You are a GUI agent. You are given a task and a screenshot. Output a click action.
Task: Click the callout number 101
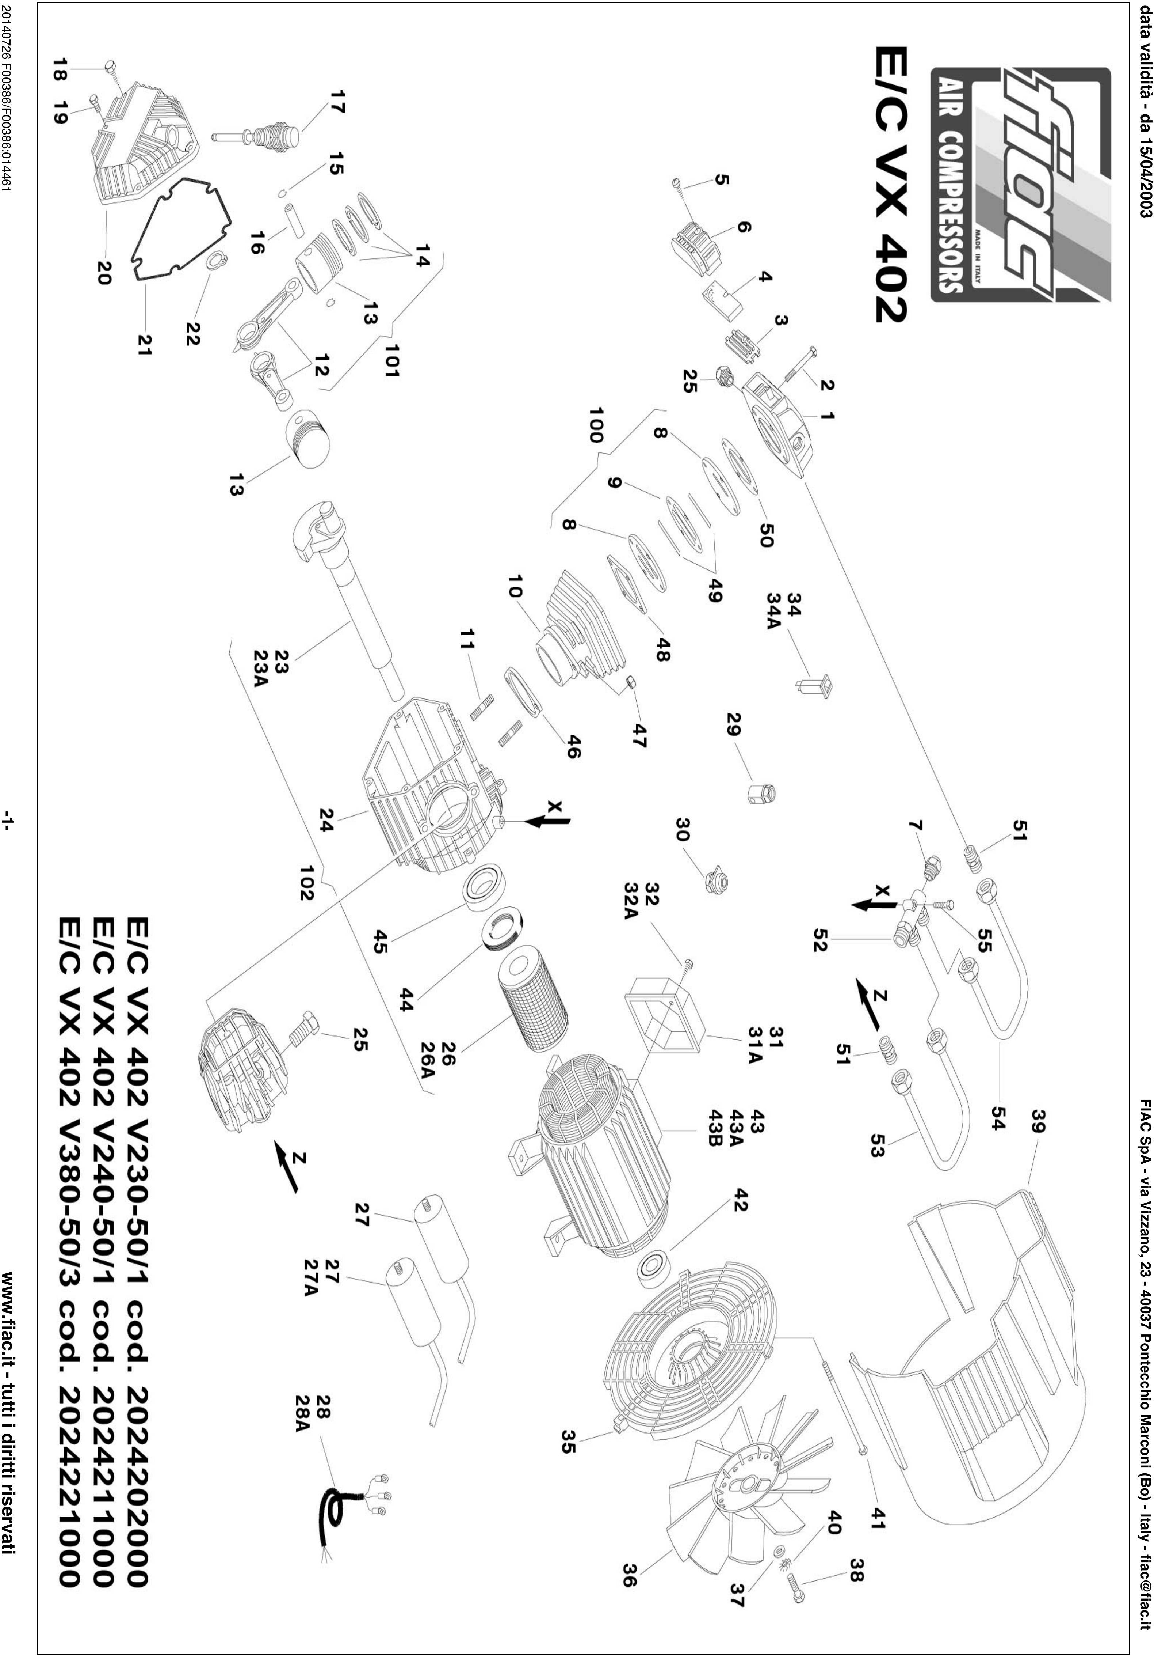pos(393,360)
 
